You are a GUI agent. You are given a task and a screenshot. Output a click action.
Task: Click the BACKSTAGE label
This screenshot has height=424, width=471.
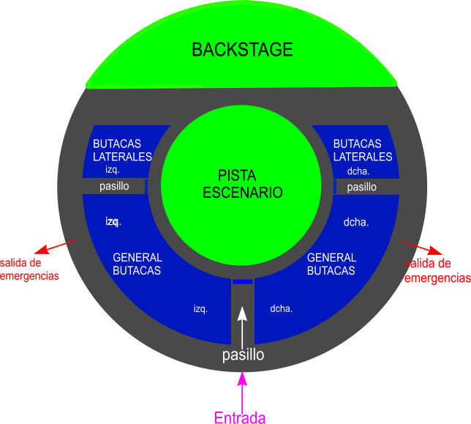[242, 50]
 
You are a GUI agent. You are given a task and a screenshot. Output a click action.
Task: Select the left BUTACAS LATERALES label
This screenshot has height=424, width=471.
[122, 150]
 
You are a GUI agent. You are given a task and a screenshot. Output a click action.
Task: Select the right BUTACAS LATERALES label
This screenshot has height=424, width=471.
[363, 150]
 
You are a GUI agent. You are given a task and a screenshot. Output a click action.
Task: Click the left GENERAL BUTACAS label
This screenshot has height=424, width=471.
[137, 264]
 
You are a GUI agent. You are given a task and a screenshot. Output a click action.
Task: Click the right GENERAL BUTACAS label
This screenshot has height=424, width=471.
[331, 264]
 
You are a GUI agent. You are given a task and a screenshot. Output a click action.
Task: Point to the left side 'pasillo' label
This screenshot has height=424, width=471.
[114, 186]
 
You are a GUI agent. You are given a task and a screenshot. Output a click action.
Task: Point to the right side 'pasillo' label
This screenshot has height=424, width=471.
[361, 187]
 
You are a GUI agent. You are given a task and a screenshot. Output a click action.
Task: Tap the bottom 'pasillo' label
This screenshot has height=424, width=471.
[243, 355]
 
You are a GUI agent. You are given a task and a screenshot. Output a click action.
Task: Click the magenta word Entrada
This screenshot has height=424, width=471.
[240, 417]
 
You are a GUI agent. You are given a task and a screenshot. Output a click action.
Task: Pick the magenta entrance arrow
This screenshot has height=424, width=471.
[243, 389]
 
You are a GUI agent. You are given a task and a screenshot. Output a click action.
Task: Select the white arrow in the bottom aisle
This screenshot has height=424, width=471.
[242, 323]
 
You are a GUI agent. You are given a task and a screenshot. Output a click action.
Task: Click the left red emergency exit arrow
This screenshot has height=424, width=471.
[59, 245]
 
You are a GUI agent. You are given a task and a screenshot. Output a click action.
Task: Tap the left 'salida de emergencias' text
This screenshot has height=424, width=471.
[29, 269]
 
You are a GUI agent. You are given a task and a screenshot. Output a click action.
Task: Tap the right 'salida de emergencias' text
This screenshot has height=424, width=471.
[437, 270]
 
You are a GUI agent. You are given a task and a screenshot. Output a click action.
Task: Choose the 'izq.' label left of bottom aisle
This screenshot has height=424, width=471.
[200, 308]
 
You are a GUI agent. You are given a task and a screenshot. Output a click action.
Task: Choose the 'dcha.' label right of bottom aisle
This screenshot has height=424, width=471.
[282, 308]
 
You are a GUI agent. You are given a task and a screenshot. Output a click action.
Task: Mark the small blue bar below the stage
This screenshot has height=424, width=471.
[243, 282]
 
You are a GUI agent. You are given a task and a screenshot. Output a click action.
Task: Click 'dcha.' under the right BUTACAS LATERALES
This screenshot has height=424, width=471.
[358, 171]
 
